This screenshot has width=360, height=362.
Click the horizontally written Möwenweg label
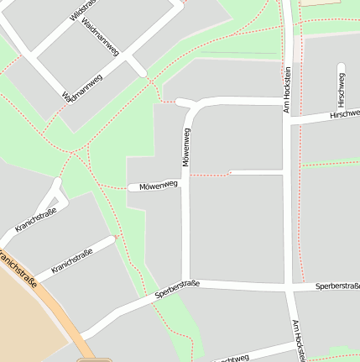pos(159,185)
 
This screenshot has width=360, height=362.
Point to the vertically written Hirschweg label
pos(341,87)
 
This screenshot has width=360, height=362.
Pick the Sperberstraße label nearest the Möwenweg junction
pos(177,290)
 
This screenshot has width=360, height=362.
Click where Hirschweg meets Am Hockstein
pos(288,120)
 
